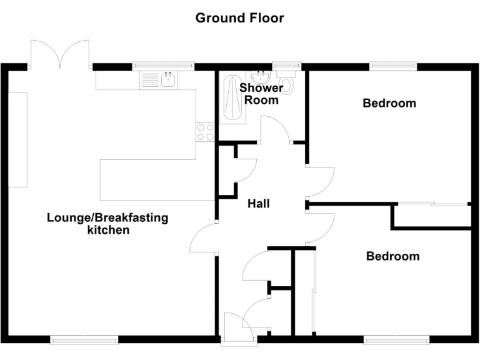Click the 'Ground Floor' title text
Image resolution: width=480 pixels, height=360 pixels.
point(239,17)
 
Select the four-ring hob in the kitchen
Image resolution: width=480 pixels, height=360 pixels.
point(206,132)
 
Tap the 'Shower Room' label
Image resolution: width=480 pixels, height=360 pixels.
point(261,94)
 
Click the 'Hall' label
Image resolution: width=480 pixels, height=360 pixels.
point(259,204)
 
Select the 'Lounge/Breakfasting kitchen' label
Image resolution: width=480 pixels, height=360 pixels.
point(107,224)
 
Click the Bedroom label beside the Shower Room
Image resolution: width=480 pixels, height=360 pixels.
point(389,103)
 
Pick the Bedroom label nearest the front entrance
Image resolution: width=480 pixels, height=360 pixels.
point(392,256)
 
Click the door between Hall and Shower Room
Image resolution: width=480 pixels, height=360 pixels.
point(275,131)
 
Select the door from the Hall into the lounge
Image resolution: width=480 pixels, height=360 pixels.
point(204,239)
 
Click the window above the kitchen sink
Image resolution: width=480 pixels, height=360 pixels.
point(163,64)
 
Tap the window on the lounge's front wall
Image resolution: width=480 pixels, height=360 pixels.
point(84,340)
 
